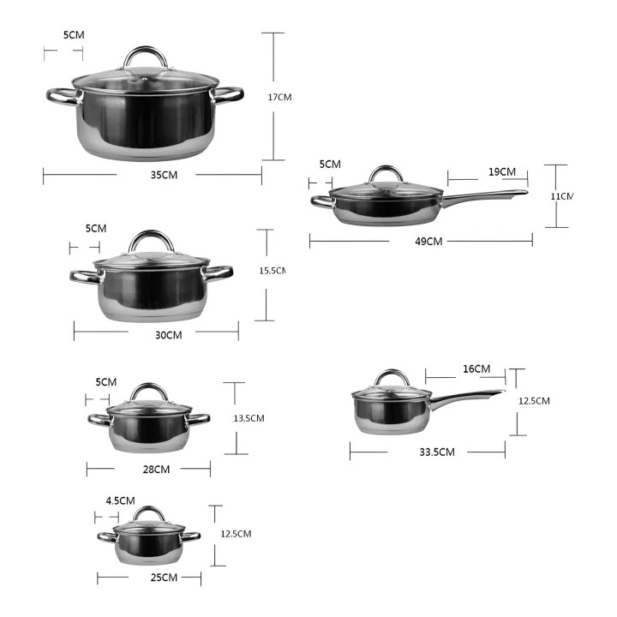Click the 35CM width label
click(164, 175)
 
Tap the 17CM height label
click(279, 97)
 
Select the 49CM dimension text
click(428, 241)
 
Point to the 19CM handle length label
click(502, 172)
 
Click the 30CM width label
click(169, 335)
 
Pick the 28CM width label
click(156, 470)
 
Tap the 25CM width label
click(164, 578)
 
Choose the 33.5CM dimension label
click(437, 452)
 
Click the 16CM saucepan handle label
click(476, 369)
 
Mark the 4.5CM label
click(121, 501)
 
